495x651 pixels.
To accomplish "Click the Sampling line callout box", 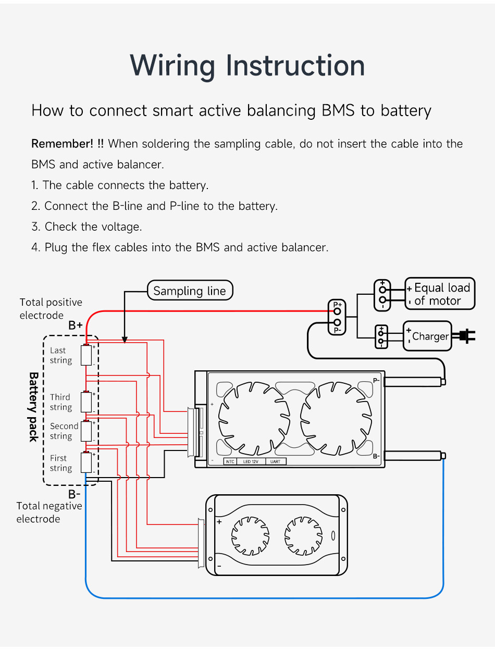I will (190, 291).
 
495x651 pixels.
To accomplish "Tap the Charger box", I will (428, 336).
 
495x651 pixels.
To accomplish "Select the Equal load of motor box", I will (440, 294).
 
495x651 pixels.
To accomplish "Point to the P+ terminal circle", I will (337, 311).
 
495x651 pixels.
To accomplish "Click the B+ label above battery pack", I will (76, 325).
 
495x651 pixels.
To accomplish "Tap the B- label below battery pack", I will (75, 494).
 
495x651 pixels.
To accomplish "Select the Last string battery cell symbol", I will (86, 355).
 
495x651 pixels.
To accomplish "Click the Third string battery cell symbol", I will (86, 402).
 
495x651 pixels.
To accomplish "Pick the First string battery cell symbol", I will (86, 462).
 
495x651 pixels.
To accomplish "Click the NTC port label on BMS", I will (230, 461).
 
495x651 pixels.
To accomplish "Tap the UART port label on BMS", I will (276, 461).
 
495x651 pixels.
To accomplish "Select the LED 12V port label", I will (251, 461).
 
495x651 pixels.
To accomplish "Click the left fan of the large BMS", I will (254, 417).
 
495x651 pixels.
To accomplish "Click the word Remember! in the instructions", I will (68, 144).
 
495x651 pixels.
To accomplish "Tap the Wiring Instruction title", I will (247, 66).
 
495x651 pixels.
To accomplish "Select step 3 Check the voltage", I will (86, 227).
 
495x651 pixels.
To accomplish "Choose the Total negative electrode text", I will (49, 512).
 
